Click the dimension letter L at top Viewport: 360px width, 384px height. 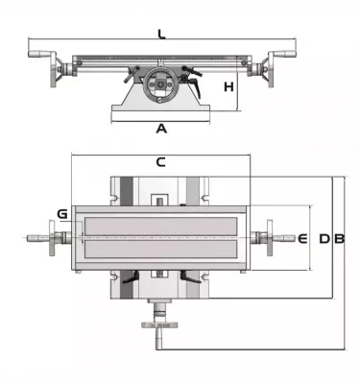click(x=162, y=34)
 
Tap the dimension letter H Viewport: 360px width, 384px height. click(x=228, y=86)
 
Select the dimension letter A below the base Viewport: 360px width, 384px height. click(x=161, y=129)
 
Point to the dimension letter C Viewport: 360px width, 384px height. click(x=161, y=162)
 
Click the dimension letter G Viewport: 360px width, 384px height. click(x=62, y=214)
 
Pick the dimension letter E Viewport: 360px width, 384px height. click(x=302, y=239)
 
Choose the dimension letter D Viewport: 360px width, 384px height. click(x=324, y=239)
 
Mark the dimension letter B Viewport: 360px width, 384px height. click(x=340, y=239)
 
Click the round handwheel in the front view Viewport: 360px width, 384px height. click(x=160, y=84)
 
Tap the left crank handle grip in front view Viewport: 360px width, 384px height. click(x=38, y=54)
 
